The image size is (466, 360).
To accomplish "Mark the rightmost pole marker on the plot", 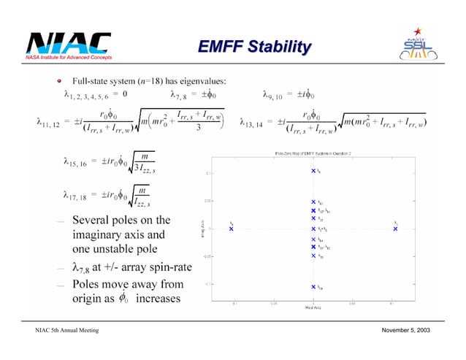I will (395, 229).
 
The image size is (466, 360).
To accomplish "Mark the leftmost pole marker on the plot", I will (231, 229).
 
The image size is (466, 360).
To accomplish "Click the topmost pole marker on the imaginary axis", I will (313, 171).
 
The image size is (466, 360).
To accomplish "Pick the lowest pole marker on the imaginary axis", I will (313, 287).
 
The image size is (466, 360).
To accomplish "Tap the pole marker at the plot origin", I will (313, 229).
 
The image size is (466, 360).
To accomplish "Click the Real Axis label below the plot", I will (313, 307).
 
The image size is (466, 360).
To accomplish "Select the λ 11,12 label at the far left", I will (48, 122).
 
